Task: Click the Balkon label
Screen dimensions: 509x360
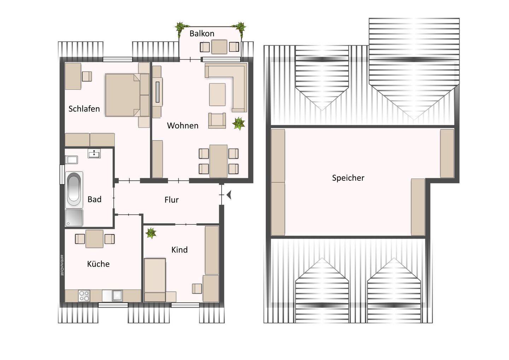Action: pos(202,34)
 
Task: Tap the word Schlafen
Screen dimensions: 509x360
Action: pos(84,109)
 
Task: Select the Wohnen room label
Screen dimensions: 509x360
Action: pos(182,126)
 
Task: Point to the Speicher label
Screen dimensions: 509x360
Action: pos(348,178)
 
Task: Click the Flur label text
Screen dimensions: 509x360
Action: pos(171,200)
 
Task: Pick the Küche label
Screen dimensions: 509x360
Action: pos(98,264)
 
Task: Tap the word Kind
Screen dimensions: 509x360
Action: pos(179,250)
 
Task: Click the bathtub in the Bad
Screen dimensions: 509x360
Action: pos(74,190)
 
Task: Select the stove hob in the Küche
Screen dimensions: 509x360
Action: pos(84,296)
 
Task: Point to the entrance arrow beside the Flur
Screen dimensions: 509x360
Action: pos(229,195)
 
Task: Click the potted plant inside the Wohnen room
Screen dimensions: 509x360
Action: pos(239,123)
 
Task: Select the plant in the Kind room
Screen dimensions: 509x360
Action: pos(151,233)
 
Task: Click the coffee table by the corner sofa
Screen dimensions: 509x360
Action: pos(217,94)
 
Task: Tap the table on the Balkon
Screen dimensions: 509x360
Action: pos(219,47)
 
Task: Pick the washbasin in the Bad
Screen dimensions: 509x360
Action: pos(94,153)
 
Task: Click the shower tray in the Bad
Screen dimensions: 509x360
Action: pos(74,218)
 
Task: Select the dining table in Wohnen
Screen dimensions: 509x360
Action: pos(218,161)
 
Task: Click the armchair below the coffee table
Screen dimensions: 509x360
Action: pos(217,121)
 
